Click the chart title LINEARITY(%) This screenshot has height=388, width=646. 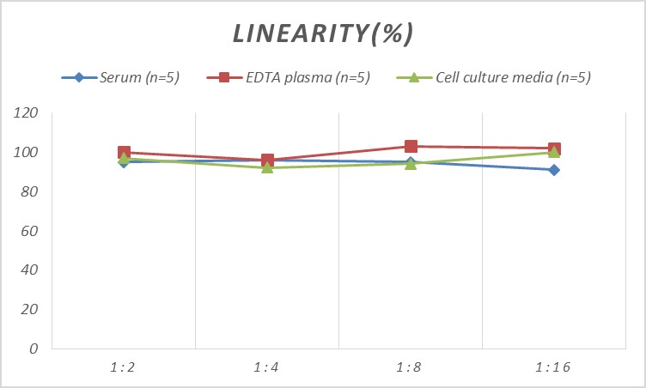point(324,33)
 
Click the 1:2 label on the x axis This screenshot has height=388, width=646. point(124,367)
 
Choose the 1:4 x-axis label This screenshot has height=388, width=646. point(267,367)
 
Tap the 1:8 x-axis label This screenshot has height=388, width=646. point(411,367)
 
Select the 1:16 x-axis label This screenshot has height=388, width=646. point(554,367)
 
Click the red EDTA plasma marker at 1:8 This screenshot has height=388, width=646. point(411,147)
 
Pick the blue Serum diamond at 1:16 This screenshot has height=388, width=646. point(554,170)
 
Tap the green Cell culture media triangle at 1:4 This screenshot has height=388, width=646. point(267,167)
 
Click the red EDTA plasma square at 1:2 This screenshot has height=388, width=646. point(124,152)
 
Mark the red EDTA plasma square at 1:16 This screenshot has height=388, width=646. point(554,149)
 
